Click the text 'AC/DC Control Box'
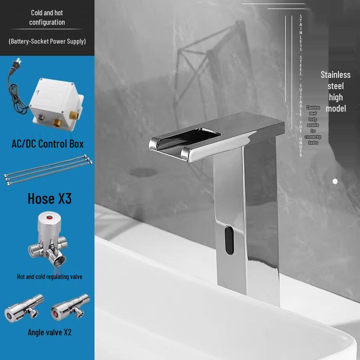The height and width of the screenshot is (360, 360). (48, 144)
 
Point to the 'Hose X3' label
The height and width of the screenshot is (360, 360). (49, 198)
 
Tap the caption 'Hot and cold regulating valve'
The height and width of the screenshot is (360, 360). (49, 277)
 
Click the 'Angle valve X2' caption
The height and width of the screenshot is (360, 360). (49, 333)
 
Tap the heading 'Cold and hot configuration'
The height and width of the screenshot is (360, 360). (47, 18)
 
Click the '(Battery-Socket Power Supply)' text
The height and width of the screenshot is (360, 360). (47, 41)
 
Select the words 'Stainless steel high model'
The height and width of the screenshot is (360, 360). (336, 91)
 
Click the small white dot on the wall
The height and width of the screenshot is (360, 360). (335, 181)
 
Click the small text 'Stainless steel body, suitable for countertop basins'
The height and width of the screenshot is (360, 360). (313, 125)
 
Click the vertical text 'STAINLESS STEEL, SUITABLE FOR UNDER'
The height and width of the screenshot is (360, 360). (301, 85)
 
